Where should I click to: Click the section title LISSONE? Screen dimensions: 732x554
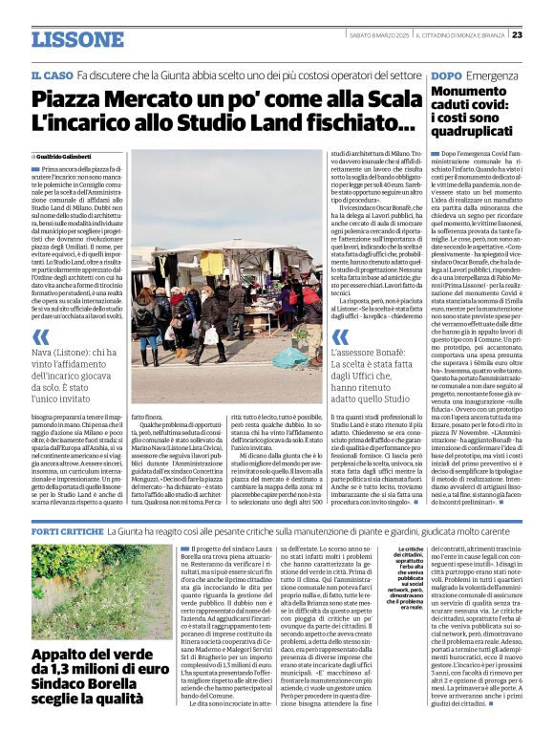[x=77, y=39]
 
